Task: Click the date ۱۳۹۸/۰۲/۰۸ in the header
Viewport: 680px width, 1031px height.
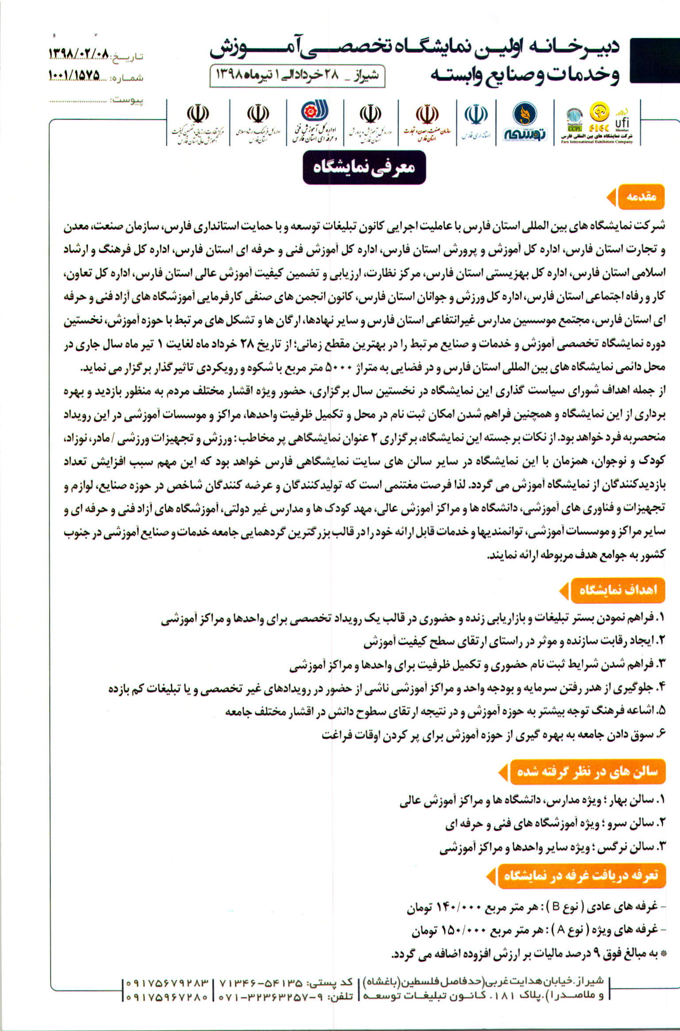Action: pos(78,55)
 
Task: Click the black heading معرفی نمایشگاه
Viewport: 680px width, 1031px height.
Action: pos(364,168)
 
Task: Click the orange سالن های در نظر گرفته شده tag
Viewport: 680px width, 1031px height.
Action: pos(588,772)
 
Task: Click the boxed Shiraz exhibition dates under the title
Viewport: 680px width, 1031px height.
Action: pos(297,76)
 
